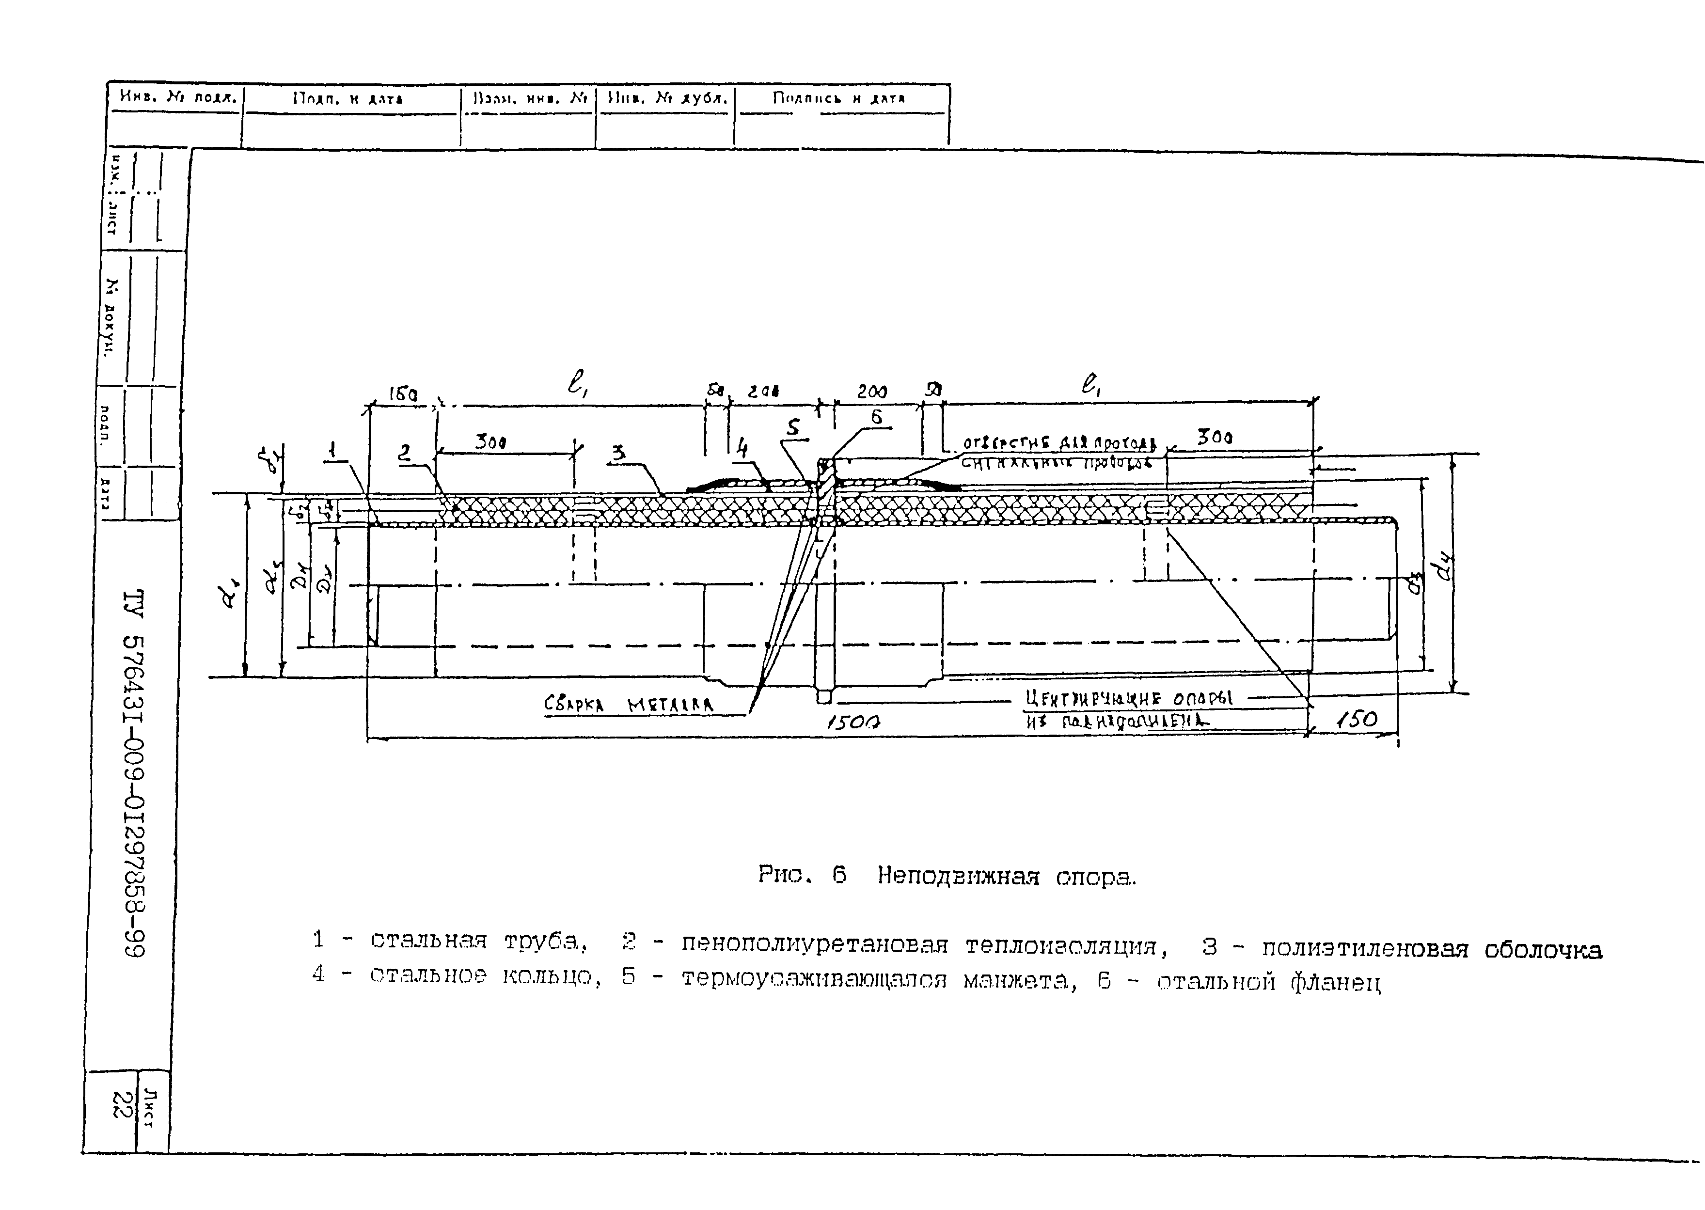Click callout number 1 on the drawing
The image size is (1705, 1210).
coord(333,450)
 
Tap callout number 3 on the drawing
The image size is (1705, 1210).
coord(618,452)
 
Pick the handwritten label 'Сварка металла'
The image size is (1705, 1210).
coord(628,704)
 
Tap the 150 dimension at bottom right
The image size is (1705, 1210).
coord(1356,719)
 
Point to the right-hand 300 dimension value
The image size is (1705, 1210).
coord(1214,438)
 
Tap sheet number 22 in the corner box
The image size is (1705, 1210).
coord(119,1103)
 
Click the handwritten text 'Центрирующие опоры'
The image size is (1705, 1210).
coord(1129,698)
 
